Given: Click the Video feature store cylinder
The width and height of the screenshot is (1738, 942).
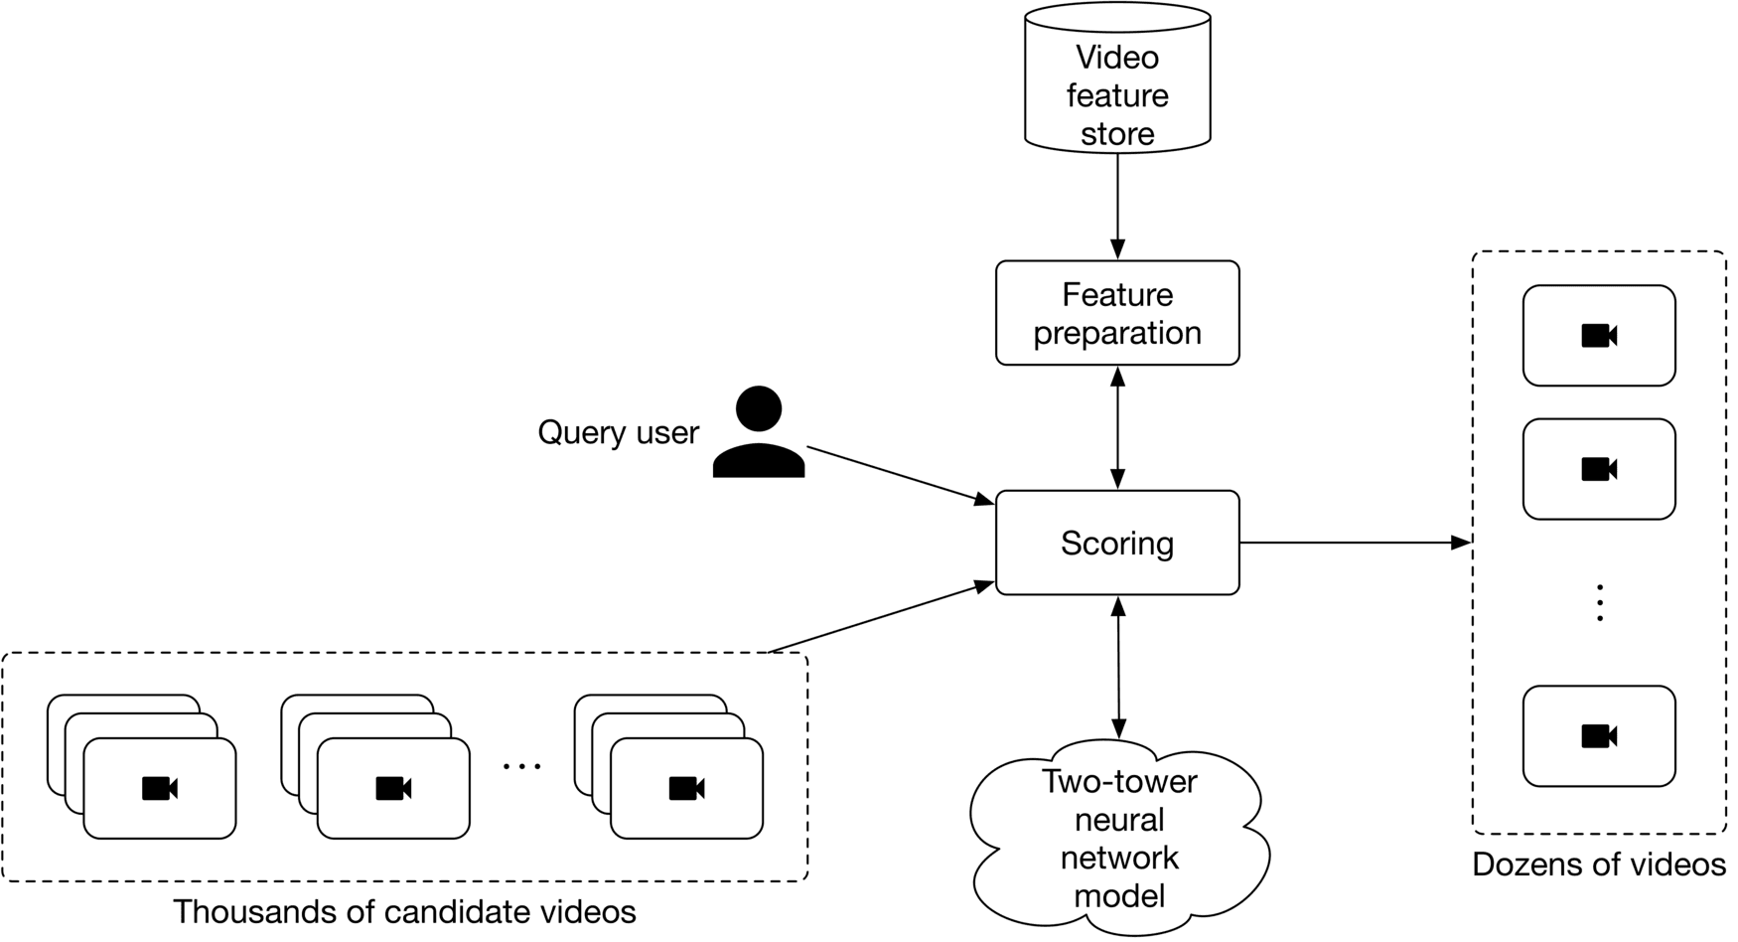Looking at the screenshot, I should click(x=1117, y=79).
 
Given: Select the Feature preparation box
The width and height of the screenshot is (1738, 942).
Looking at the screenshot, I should click(x=1117, y=313).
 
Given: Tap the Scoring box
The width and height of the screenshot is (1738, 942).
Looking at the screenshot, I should click(x=1117, y=543).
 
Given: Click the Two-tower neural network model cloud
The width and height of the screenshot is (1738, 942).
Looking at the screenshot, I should click(x=1119, y=840).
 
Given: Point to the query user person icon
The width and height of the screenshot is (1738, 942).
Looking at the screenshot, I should click(x=759, y=433).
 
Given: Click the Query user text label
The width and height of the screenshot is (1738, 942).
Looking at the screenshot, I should click(x=618, y=432).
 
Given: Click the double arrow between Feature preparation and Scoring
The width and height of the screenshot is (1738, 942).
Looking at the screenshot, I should click(x=1117, y=427).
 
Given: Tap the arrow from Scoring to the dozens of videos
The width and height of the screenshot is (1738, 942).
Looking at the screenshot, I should click(x=1355, y=543).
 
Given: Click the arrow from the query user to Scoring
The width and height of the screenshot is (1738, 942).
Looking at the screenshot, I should click(x=899, y=475).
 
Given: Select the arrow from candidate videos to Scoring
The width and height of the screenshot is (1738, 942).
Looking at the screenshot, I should click(x=882, y=617).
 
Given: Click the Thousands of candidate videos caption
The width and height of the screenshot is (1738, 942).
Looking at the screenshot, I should click(x=404, y=911).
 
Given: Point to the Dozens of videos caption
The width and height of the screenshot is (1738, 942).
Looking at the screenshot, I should click(x=1599, y=864).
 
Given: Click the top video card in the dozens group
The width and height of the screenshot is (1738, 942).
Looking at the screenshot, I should click(x=1599, y=336).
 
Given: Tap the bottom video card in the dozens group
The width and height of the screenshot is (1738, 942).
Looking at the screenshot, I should click(x=1599, y=735).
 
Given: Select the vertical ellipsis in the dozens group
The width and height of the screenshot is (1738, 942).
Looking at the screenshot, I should click(x=1599, y=603).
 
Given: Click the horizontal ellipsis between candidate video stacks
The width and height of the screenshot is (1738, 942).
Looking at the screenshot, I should click(x=522, y=766).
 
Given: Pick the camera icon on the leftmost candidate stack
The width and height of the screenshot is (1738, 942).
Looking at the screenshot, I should click(x=160, y=789).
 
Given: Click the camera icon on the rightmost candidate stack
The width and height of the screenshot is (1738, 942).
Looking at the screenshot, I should click(x=686, y=789).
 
